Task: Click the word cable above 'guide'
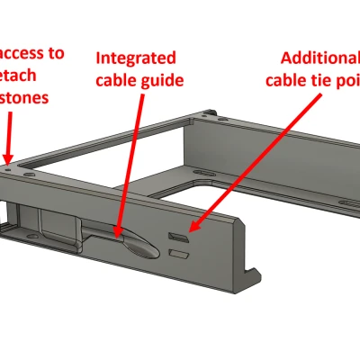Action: click(x=118, y=79)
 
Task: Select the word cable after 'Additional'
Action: click(x=285, y=79)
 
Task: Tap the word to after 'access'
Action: click(x=55, y=53)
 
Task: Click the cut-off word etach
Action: click(x=25, y=76)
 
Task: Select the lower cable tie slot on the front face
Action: click(x=179, y=256)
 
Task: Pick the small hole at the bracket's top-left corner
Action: click(x=10, y=166)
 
